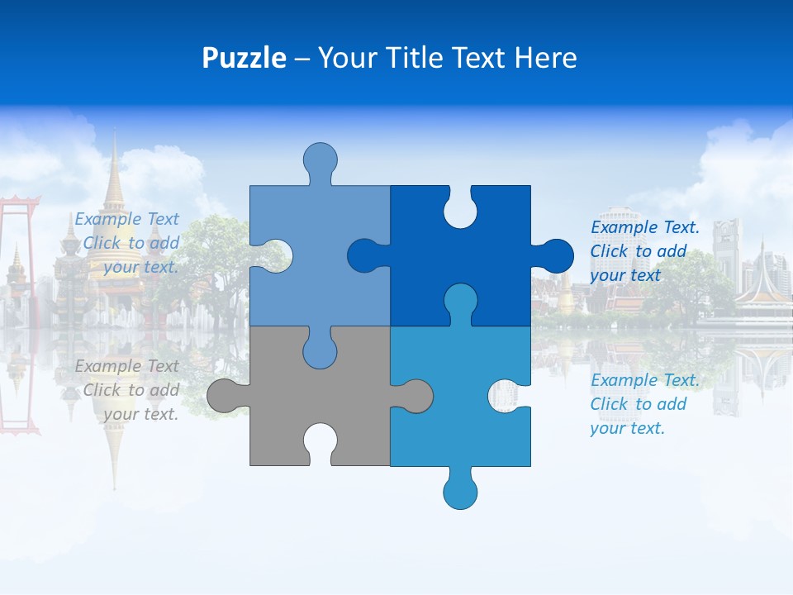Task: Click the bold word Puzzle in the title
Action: pyautogui.click(x=244, y=58)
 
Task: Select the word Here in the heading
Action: pyautogui.click(x=545, y=58)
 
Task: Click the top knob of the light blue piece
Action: pyautogui.click(x=320, y=159)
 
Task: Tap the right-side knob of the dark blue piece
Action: pyautogui.click(x=555, y=255)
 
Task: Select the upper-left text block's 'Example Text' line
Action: pyautogui.click(x=126, y=219)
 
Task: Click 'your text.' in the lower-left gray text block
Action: pyautogui.click(x=140, y=414)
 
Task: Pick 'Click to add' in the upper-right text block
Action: pyautogui.click(x=638, y=251)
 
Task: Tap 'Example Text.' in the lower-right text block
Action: pyautogui.click(x=645, y=380)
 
